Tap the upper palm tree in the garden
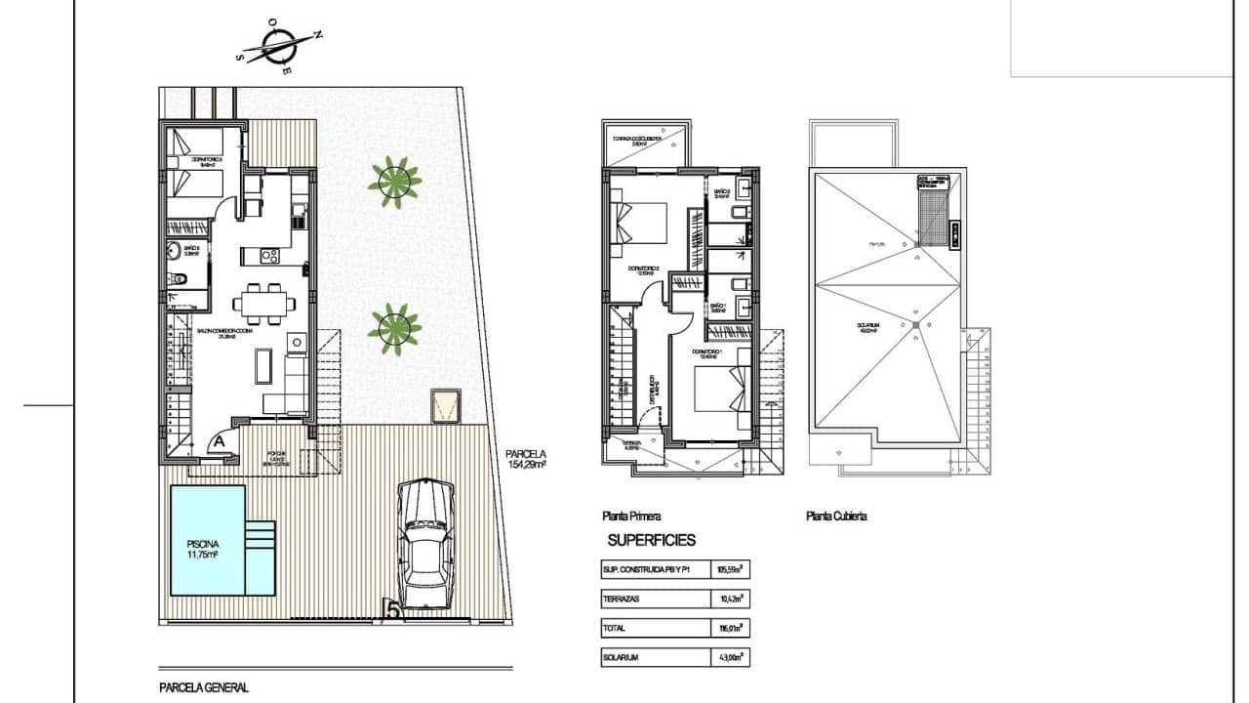394,182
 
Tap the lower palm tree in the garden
394,328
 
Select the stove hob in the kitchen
269,257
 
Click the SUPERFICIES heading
651,540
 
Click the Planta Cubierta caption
836,517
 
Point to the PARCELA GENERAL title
204,687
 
